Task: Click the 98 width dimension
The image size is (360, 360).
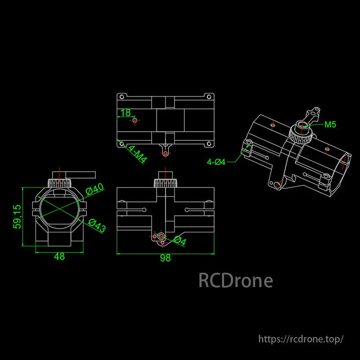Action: tap(165, 258)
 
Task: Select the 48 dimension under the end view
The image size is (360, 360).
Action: tap(59, 256)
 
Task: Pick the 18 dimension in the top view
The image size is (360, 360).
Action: tap(126, 112)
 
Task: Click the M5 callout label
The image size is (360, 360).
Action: tap(330, 125)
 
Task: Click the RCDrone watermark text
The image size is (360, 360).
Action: tap(235, 281)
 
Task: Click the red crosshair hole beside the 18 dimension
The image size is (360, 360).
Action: tap(135, 121)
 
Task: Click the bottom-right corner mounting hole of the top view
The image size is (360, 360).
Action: tap(209, 144)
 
